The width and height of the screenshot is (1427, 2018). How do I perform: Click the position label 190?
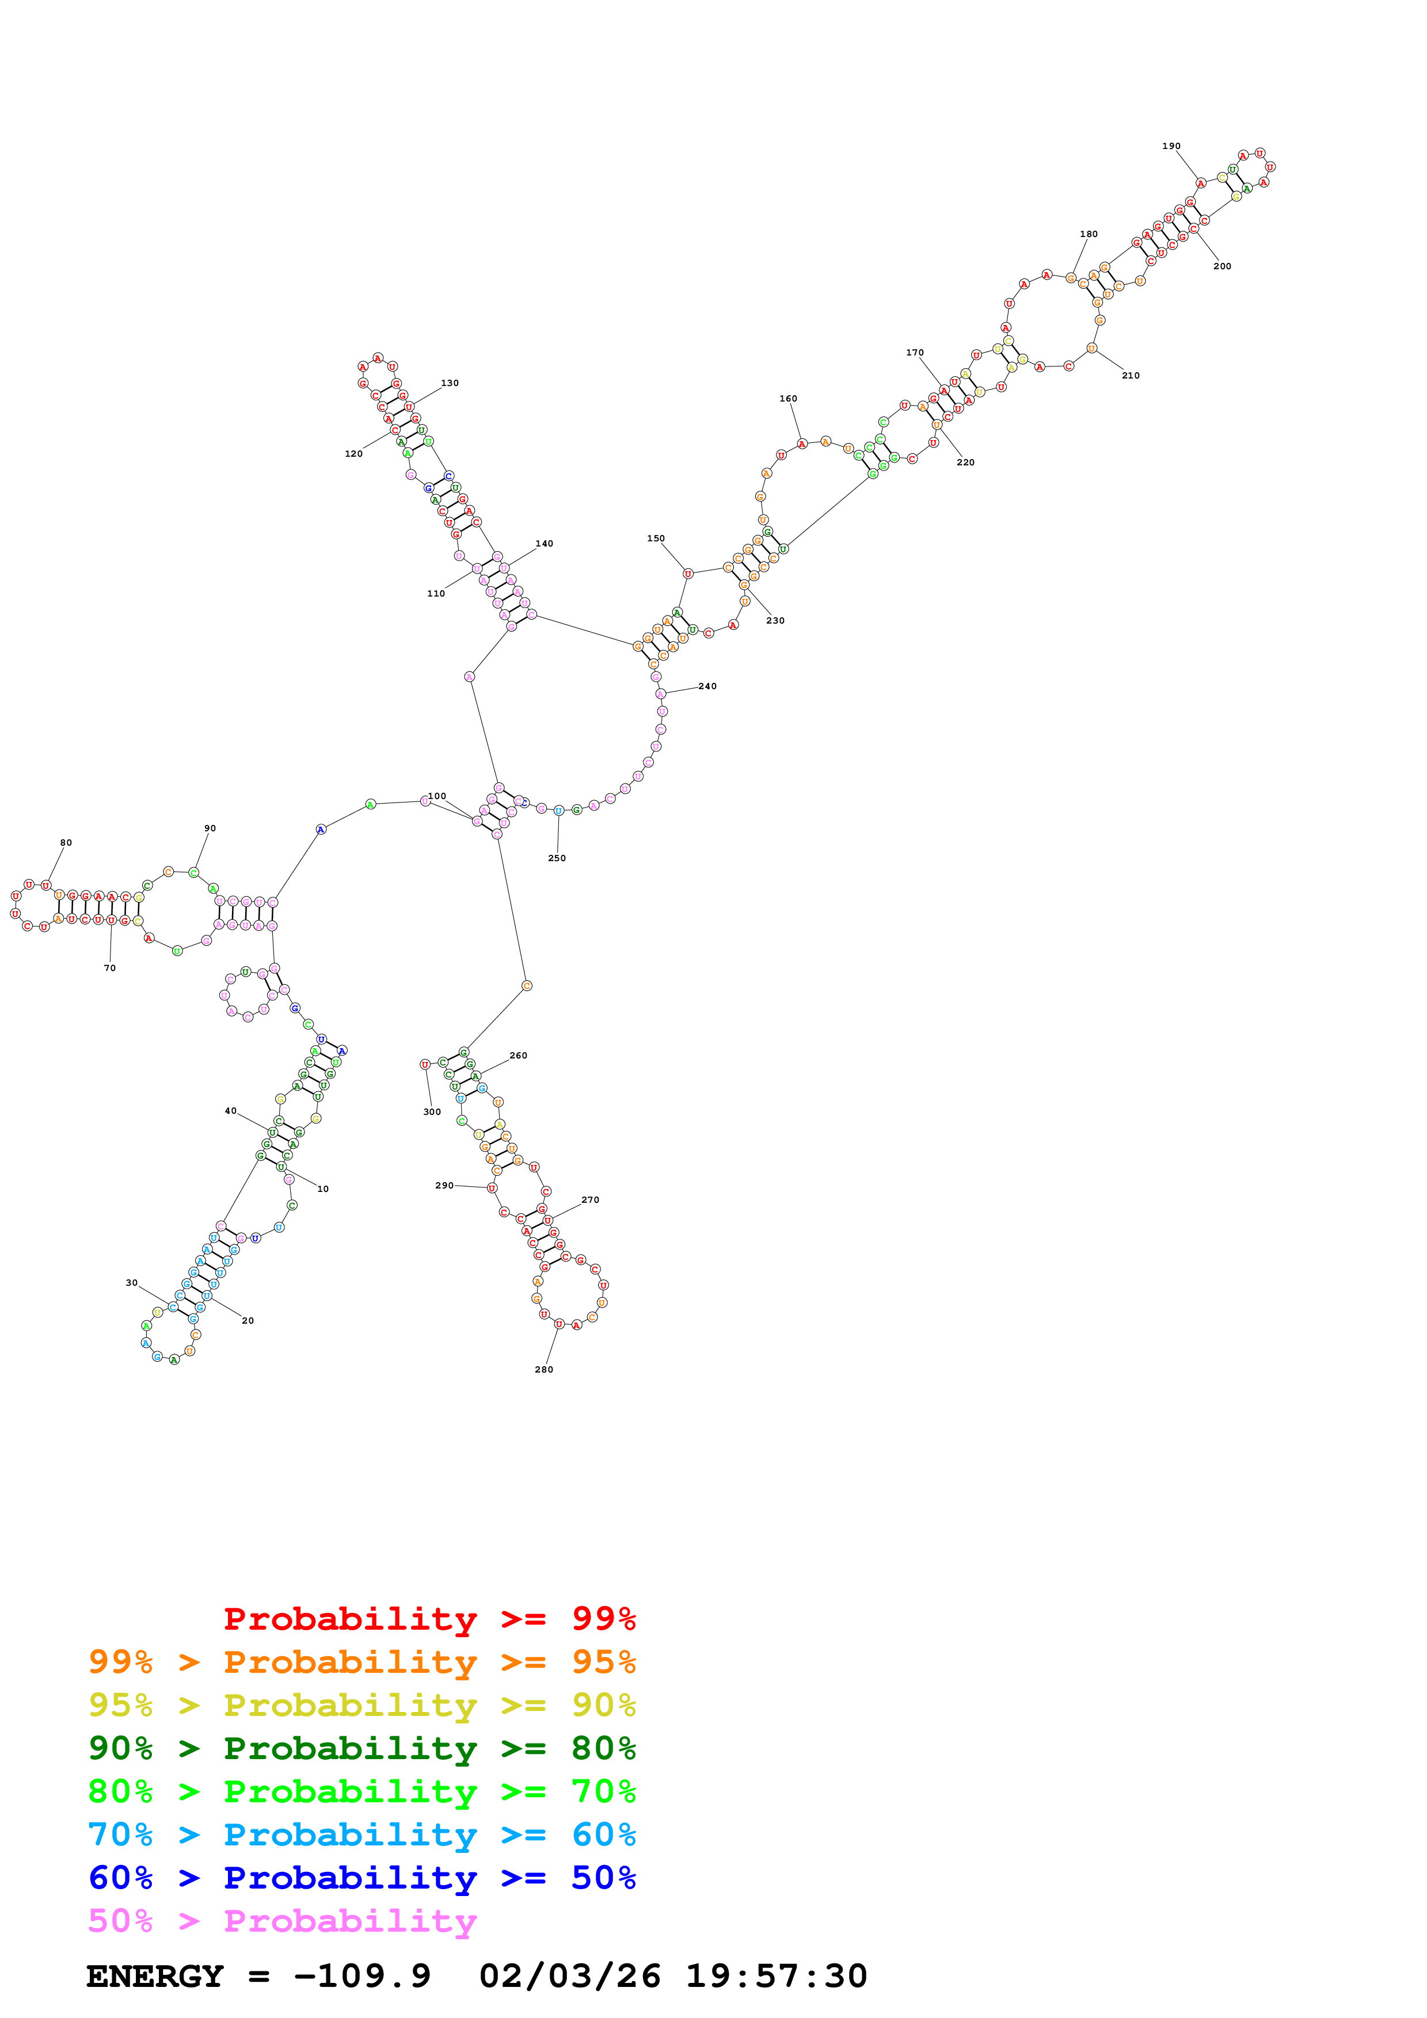coord(1171,146)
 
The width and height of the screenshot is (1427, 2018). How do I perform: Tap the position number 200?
coord(1222,266)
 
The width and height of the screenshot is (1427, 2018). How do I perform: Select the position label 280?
coord(544,1369)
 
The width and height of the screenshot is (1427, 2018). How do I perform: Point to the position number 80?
coord(66,843)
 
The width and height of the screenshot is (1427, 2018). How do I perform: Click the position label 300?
coord(432,1112)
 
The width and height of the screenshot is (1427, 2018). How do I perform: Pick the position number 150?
coord(656,539)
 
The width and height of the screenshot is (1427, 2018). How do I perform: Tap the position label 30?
coord(132,1283)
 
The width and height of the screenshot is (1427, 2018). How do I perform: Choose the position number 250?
coord(557,858)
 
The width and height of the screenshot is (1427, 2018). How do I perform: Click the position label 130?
coord(450,383)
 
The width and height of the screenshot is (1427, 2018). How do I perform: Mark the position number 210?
coord(1131,375)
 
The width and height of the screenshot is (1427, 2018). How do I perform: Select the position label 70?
coord(110,968)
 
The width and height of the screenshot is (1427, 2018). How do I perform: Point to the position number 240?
coord(708,686)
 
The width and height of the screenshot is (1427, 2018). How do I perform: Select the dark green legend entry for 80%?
coord(361,1748)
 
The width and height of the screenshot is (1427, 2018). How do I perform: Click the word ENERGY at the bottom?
coord(155,1976)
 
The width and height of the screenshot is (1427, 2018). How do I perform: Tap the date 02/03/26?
coord(570,1976)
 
